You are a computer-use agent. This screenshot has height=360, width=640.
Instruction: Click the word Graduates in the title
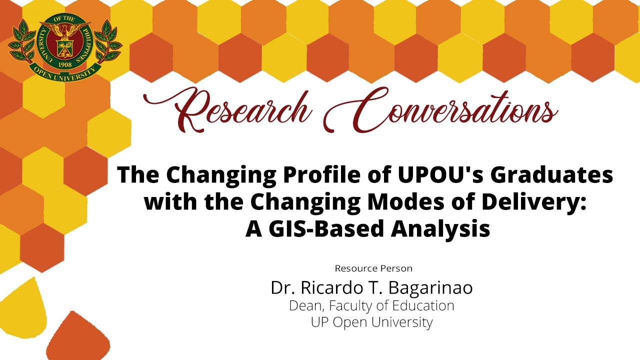click(x=552, y=175)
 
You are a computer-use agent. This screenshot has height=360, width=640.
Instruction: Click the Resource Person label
click(x=373, y=268)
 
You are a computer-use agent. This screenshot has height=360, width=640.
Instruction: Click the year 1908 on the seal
click(x=65, y=64)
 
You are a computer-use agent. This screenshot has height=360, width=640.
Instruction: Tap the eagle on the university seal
click(x=65, y=31)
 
